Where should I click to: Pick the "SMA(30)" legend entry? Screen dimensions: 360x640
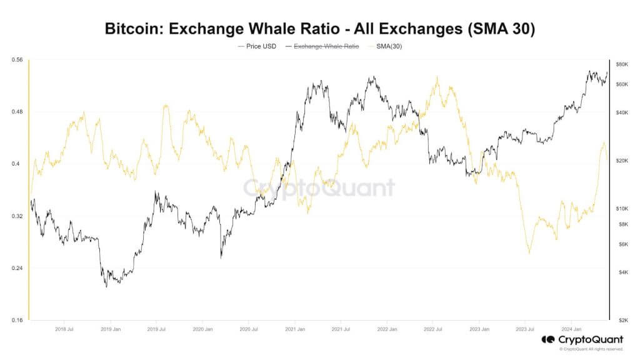(x=388, y=46)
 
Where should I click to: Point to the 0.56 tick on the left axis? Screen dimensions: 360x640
(x=17, y=60)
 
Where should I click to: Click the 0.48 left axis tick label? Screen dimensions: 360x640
(x=17, y=112)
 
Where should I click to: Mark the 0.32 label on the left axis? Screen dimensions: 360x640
(x=17, y=216)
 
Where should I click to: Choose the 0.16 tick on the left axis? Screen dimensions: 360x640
(x=17, y=321)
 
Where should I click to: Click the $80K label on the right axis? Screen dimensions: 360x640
(x=622, y=65)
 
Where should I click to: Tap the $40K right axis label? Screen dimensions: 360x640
(x=622, y=112)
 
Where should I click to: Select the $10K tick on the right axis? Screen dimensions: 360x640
(x=622, y=208)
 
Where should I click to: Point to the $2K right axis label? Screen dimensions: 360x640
(x=622, y=320)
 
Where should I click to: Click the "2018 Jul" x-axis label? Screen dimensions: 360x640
(x=66, y=329)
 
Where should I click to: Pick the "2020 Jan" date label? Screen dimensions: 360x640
(x=203, y=329)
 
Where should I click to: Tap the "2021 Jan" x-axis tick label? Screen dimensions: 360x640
(x=295, y=329)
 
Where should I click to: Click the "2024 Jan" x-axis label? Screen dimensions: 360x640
(x=572, y=329)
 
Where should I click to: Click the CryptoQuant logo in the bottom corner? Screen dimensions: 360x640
(x=582, y=340)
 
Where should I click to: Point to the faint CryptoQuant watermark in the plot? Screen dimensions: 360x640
(x=319, y=187)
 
